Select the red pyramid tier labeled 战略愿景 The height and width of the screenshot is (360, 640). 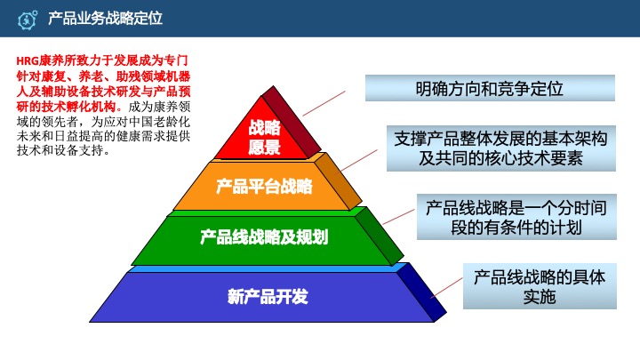point(264,136)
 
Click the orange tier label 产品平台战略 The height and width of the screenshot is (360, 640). point(264,187)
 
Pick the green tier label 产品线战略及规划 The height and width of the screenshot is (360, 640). point(264,237)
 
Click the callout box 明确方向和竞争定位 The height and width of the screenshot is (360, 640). point(490,89)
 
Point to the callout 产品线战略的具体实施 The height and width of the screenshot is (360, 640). point(539,285)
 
